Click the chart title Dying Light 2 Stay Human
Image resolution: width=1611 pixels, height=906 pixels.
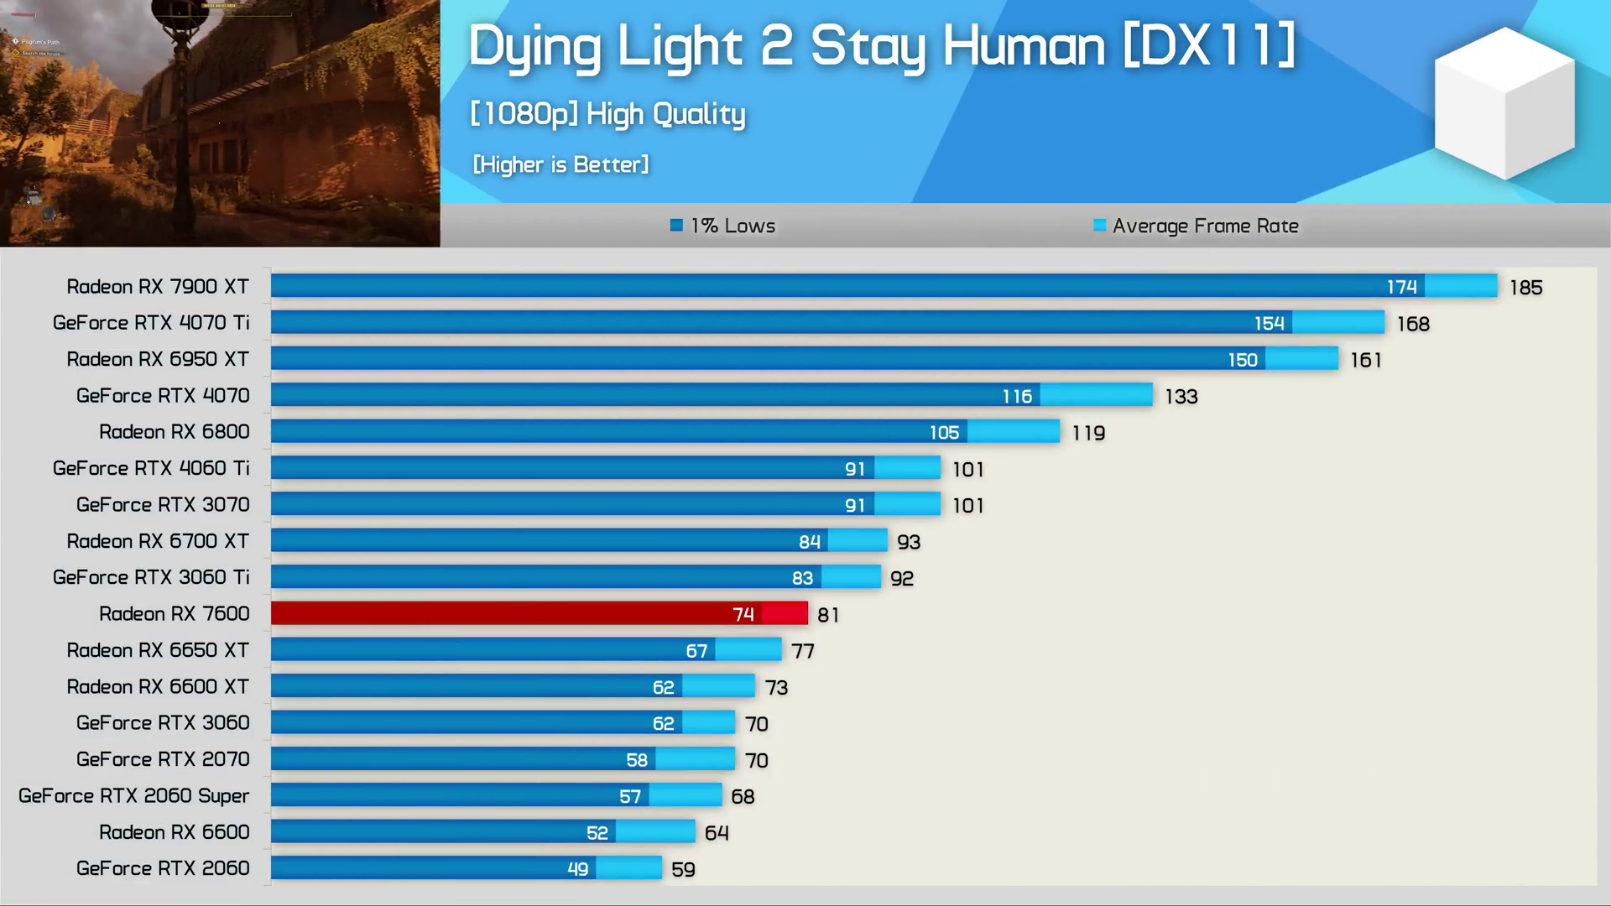pos(881,47)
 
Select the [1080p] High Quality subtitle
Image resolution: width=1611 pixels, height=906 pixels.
pos(607,114)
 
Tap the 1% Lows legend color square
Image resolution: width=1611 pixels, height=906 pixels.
pos(676,225)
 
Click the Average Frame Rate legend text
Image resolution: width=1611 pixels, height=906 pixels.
pos(1205,226)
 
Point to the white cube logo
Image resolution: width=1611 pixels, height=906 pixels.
pos(1504,102)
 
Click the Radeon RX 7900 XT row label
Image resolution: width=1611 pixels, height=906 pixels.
pos(158,287)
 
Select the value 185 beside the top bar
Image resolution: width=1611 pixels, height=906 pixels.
pos(1525,288)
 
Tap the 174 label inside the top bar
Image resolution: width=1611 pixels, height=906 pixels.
pos(1401,287)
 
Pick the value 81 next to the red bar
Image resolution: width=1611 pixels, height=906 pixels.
pos(828,615)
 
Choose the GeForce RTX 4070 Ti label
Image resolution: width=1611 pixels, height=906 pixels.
pos(151,323)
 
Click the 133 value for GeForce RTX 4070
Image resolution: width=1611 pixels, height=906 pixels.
pos(1181,397)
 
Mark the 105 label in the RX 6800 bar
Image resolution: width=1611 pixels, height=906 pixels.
pos(944,433)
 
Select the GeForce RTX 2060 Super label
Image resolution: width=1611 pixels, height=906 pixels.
pos(134,795)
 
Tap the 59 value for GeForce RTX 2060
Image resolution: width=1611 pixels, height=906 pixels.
pos(683,869)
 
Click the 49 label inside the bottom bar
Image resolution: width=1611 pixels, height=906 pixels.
pos(577,869)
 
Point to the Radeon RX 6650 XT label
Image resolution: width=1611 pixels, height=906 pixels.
pos(158,650)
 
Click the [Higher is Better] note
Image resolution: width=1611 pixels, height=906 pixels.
pos(560,164)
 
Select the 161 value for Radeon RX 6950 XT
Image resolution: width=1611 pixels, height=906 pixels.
pos(1365,361)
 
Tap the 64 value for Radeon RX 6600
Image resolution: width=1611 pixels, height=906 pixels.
pos(717,833)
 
